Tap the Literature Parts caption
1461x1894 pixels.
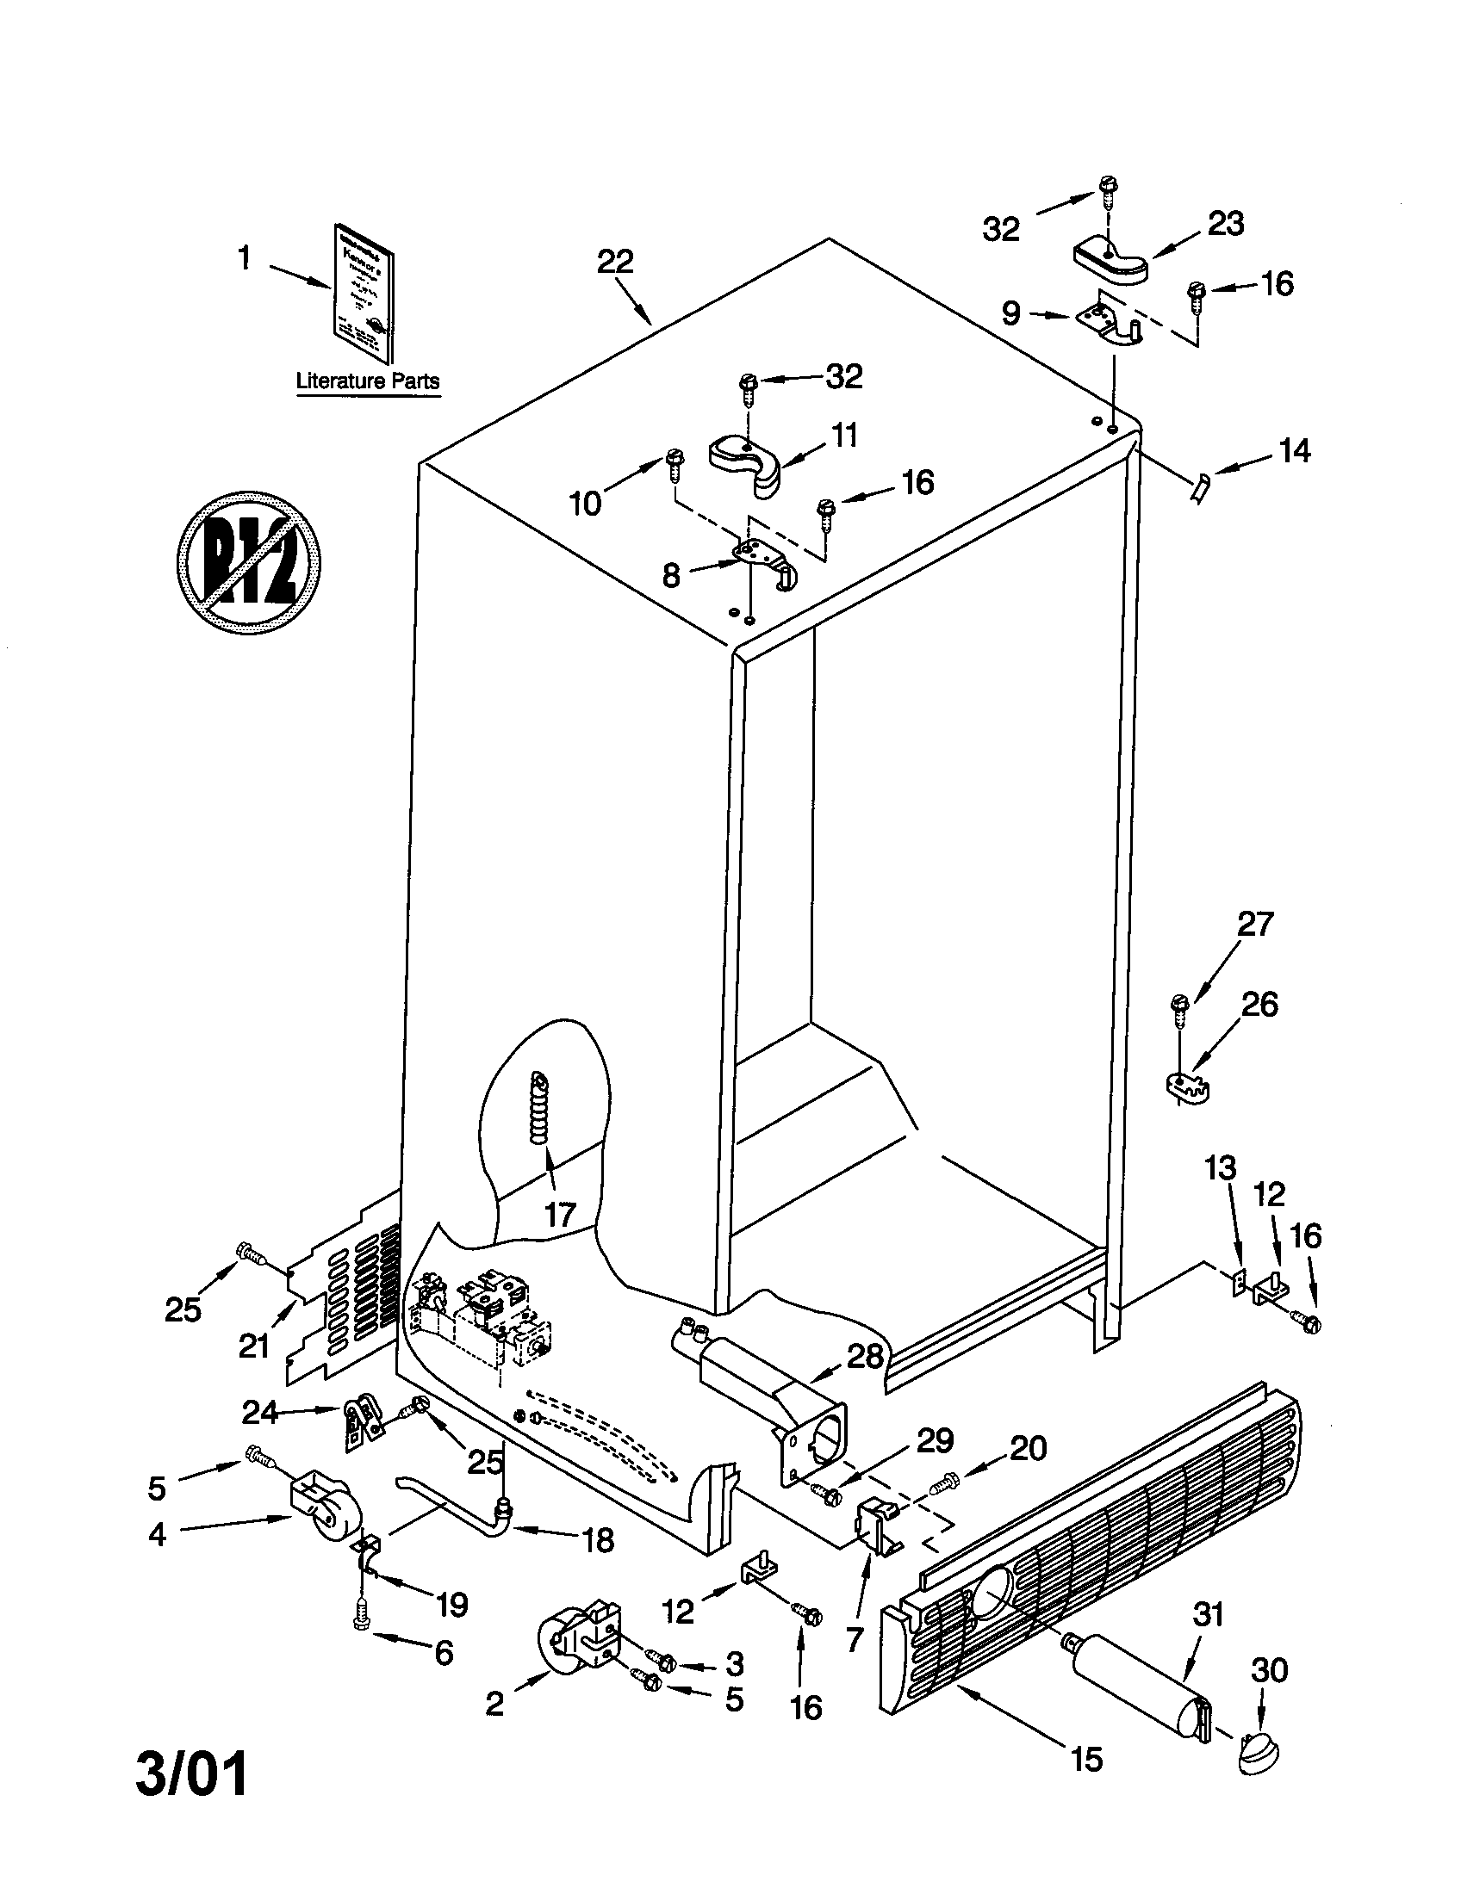pyautogui.click(x=368, y=381)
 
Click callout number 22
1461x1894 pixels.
pyautogui.click(x=615, y=262)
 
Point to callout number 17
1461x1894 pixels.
pyautogui.click(x=561, y=1214)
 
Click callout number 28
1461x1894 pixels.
pyautogui.click(x=864, y=1356)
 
